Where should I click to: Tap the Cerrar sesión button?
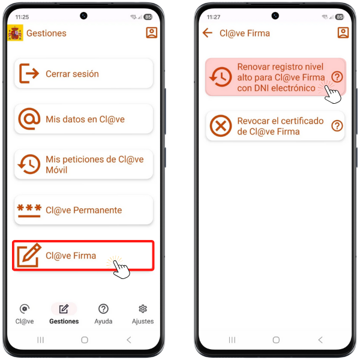click(83, 73)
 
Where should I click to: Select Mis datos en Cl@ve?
click(83, 119)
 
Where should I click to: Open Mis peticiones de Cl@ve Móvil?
click(83, 164)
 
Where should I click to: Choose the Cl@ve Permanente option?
click(83, 210)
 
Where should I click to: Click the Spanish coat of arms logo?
click(15, 32)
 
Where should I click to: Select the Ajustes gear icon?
click(143, 309)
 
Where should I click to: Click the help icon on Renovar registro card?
click(337, 77)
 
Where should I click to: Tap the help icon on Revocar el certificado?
click(337, 126)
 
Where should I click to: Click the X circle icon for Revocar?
click(221, 126)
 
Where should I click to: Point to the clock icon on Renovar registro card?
click(221, 77)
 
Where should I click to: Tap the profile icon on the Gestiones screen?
click(152, 32)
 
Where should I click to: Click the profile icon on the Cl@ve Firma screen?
click(343, 32)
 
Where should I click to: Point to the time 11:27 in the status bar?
click(214, 17)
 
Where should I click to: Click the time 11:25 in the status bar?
click(22, 17)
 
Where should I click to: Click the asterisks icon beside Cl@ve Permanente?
click(29, 211)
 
